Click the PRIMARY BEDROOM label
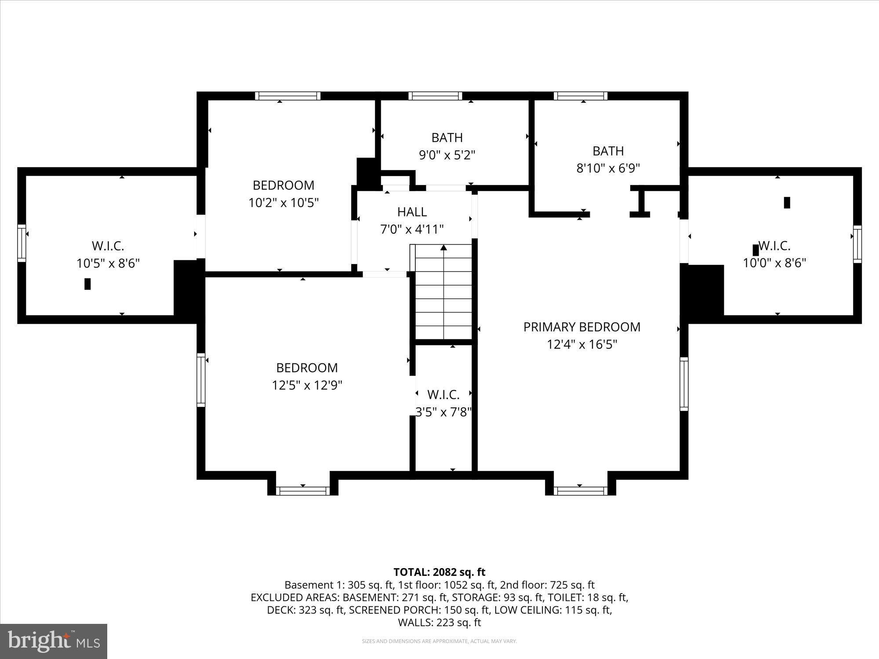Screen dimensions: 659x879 click(x=581, y=327)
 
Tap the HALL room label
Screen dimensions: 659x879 click(x=412, y=212)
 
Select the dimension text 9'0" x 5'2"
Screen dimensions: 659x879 click(x=447, y=155)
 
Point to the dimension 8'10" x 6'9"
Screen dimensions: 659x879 click(x=608, y=168)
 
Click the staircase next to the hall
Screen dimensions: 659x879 click(x=443, y=292)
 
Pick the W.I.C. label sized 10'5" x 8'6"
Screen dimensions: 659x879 click(x=108, y=246)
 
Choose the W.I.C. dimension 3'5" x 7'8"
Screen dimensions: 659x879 click(x=443, y=412)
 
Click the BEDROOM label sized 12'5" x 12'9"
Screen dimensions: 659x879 click(x=307, y=368)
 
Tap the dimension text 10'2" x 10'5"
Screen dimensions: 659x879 click(x=283, y=203)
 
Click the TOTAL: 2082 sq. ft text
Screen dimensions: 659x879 click(x=439, y=572)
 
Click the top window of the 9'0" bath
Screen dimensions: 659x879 click(x=435, y=96)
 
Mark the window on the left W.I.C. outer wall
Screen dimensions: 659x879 click(x=22, y=243)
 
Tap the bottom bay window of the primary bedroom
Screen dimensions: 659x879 click(x=580, y=491)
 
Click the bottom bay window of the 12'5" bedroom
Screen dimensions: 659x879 click(x=303, y=491)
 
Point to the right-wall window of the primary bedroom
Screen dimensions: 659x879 click(x=684, y=384)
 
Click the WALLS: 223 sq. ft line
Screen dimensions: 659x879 click(x=439, y=623)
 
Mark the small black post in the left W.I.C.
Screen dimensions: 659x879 click(x=87, y=284)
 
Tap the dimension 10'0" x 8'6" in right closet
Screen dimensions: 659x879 click(x=774, y=263)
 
